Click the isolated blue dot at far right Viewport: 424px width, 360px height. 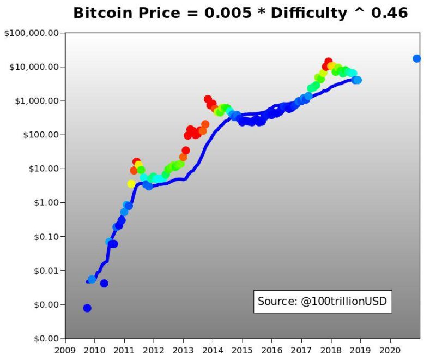coord(416,58)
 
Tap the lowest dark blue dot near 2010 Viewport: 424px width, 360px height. coord(87,308)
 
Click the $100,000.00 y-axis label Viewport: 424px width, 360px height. coord(31,33)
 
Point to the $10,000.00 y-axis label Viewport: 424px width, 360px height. coord(33,67)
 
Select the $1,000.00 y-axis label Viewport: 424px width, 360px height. coord(35,101)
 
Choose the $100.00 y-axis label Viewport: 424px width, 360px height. coord(40,135)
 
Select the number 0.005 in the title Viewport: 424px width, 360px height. coord(226,13)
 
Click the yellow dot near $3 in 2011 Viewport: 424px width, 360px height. coord(131,184)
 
